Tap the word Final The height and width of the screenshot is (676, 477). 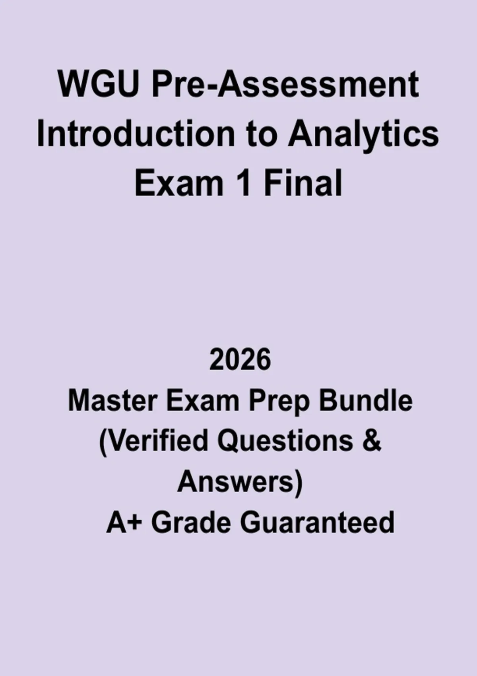[x=303, y=183]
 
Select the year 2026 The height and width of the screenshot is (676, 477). [x=240, y=359]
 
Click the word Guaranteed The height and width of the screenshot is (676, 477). [x=317, y=523]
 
